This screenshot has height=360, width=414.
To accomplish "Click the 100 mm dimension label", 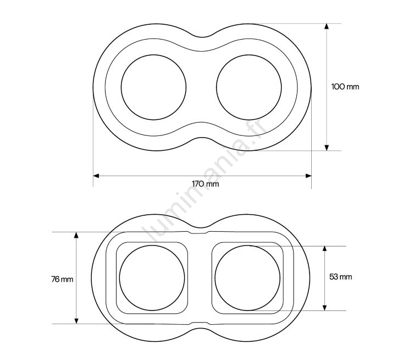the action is [345, 86].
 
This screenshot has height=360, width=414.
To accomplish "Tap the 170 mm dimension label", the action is [206, 184].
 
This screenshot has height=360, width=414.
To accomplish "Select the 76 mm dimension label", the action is [62, 279].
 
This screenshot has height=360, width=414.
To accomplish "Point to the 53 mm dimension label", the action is [340, 277].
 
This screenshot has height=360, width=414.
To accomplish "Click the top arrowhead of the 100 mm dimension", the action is [327, 26].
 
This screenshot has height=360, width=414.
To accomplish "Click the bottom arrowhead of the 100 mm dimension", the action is [327, 148].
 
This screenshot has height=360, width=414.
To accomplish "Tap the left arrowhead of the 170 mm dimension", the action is [96, 176].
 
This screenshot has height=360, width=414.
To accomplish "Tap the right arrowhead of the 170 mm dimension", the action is [308, 176].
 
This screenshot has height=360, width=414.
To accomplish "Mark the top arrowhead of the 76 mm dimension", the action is [76, 235].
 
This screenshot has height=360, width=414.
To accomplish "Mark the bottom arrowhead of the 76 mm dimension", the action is [76, 321].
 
